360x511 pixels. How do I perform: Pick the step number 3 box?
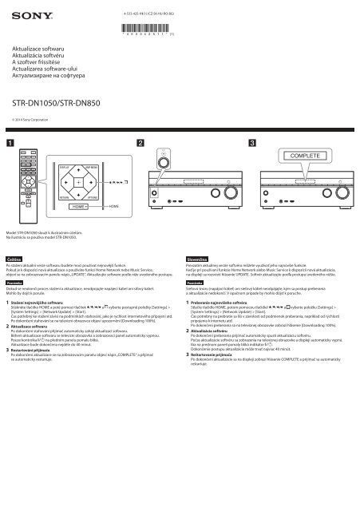[x=254, y=142]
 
